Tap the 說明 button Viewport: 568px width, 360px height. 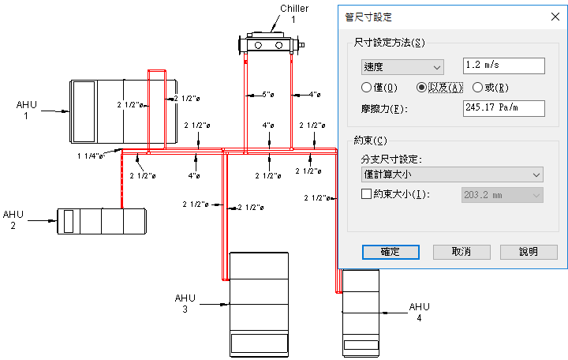[x=529, y=252]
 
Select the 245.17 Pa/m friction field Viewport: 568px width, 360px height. [x=504, y=107]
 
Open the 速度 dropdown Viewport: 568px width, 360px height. [x=402, y=67]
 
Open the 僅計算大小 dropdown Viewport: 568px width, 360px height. [x=450, y=174]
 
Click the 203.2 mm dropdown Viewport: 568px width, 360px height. [x=502, y=194]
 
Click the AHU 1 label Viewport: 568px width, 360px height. [x=27, y=110]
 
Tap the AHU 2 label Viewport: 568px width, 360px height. [x=14, y=219]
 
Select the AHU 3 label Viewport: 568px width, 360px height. [x=185, y=303]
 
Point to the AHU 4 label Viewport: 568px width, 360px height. [x=420, y=311]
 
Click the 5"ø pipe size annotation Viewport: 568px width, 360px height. [x=267, y=95]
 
